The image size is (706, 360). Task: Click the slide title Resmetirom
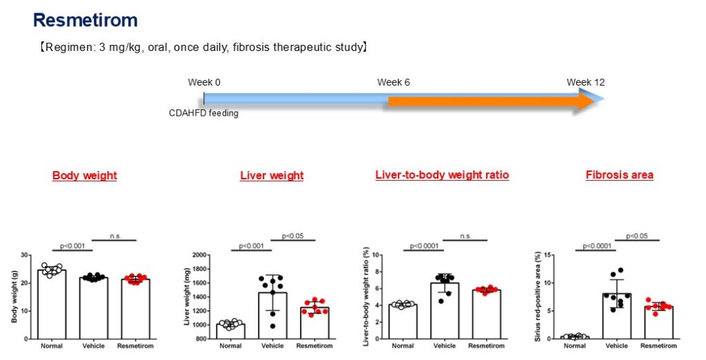point(85,20)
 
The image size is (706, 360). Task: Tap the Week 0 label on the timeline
point(204,82)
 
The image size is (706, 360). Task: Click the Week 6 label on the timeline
point(394,82)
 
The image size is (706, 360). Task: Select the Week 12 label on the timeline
point(585,82)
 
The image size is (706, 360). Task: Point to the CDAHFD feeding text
point(203,113)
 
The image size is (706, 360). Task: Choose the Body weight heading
point(84,176)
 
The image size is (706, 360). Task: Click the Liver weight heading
point(272,176)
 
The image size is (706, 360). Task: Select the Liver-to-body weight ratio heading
point(442,175)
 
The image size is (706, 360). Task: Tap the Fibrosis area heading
point(619,175)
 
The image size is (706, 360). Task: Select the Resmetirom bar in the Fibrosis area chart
point(658,323)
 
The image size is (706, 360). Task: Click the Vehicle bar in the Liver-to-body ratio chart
point(446,311)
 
